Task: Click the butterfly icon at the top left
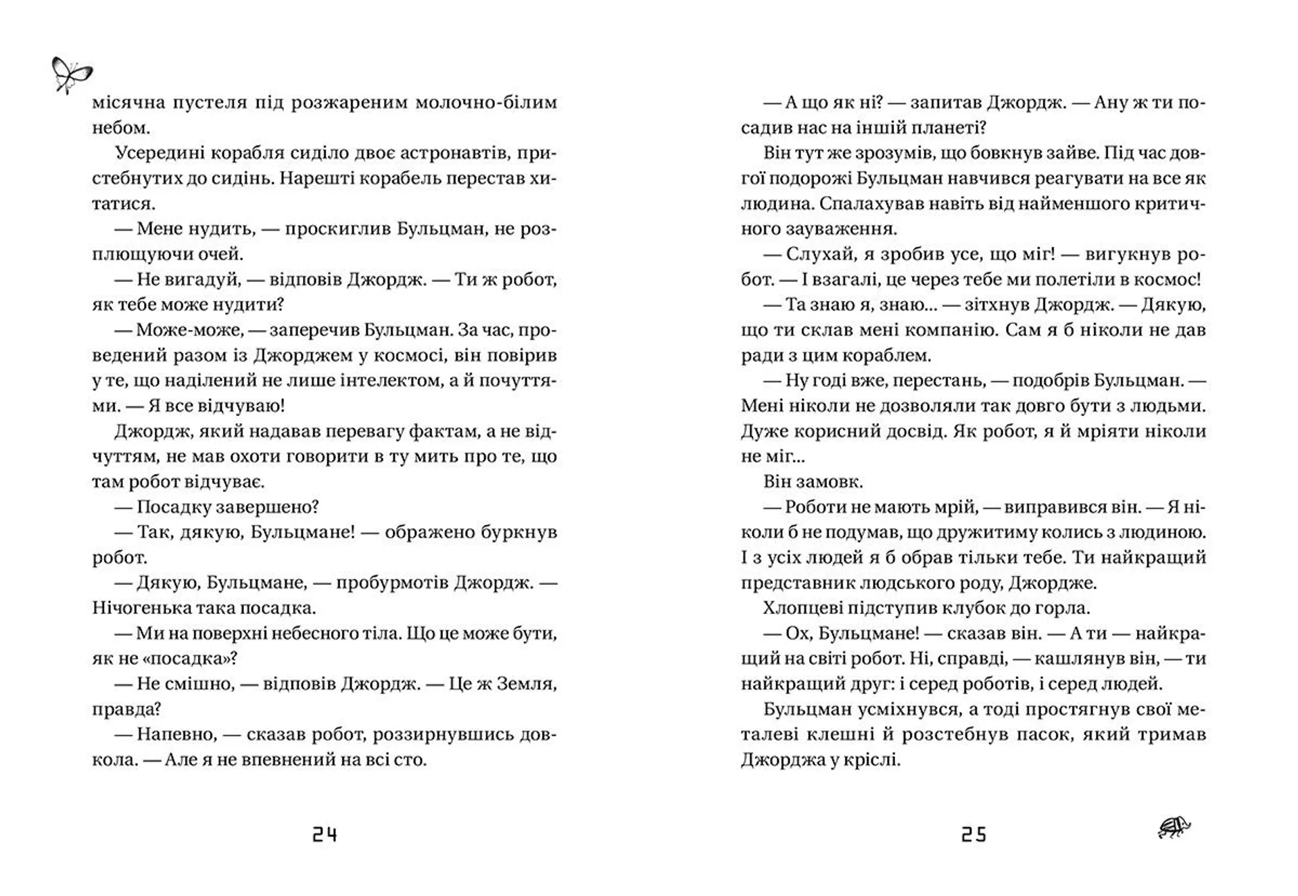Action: click(71, 75)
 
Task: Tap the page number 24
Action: click(324, 835)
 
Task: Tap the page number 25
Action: click(973, 835)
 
